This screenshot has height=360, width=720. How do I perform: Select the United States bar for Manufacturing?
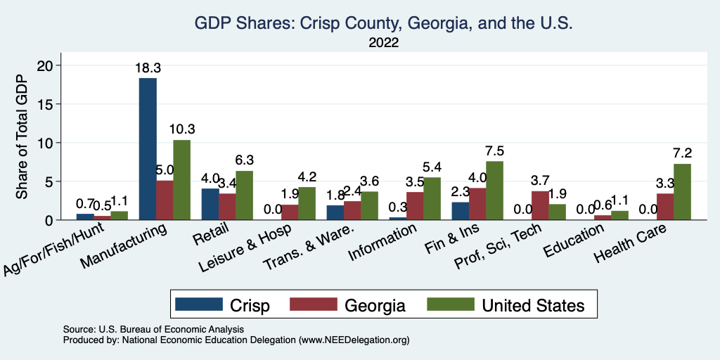[x=181, y=180]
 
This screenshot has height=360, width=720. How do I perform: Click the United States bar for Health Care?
[x=682, y=192]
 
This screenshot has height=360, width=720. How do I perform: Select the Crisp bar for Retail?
[x=210, y=204]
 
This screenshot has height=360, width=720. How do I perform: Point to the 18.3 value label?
[x=148, y=69]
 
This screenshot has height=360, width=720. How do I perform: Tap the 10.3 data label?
[x=181, y=131]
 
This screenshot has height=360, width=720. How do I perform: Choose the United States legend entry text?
[x=532, y=304]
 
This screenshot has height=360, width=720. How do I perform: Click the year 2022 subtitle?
[x=383, y=43]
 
